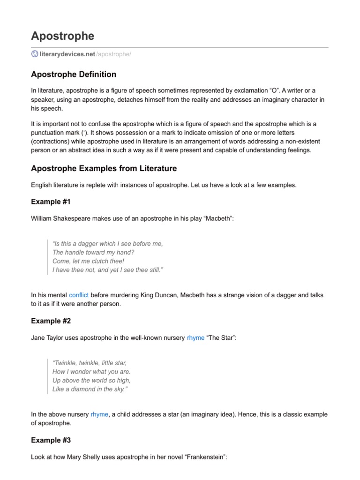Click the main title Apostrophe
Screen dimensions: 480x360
(62, 36)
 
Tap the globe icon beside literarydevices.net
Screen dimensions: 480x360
(35, 54)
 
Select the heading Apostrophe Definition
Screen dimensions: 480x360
(74, 75)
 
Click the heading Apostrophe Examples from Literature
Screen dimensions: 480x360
(104, 168)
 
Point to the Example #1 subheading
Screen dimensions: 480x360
(51, 202)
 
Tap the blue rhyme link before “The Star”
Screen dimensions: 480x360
(195, 337)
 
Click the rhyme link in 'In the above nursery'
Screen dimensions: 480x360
(99, 414)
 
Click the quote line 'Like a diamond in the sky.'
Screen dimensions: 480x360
(90, 389)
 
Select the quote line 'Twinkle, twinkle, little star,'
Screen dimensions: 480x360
(90, 363)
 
